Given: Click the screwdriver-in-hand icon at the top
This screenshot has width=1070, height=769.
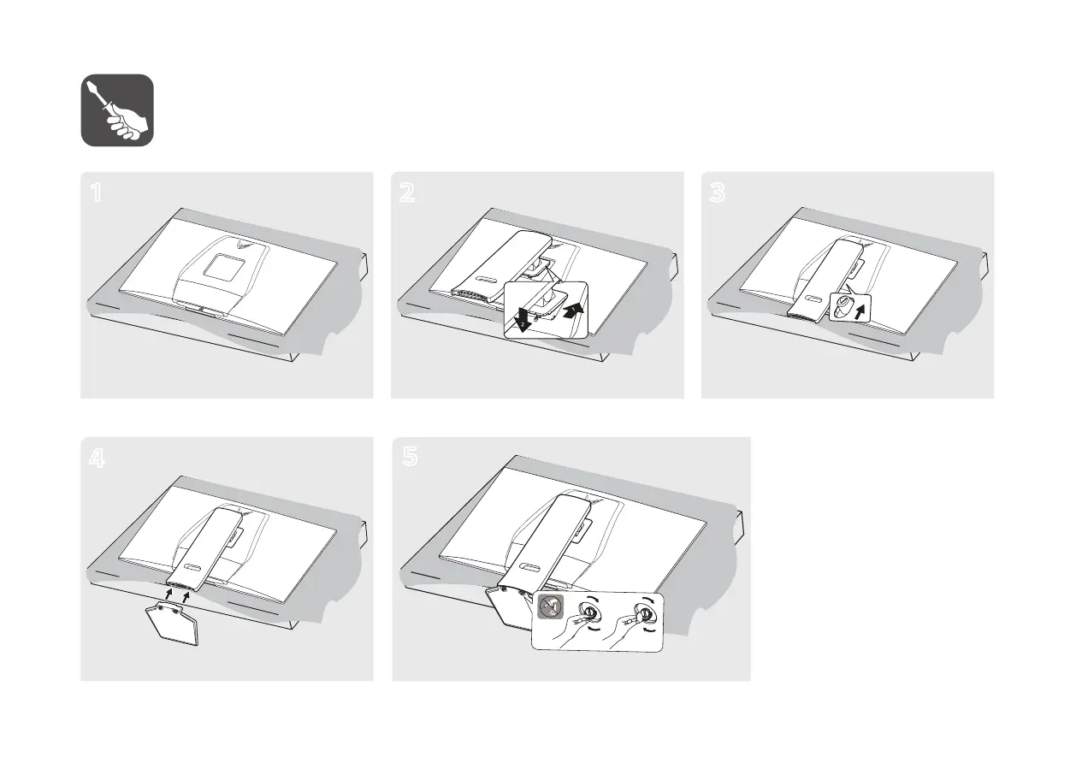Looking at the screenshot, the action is point(117,110).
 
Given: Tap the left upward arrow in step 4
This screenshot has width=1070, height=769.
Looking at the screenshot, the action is point(168,589).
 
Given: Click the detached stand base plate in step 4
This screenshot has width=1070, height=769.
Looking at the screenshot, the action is point(174,626).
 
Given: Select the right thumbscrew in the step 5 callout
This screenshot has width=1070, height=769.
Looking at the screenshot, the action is point(646,613).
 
